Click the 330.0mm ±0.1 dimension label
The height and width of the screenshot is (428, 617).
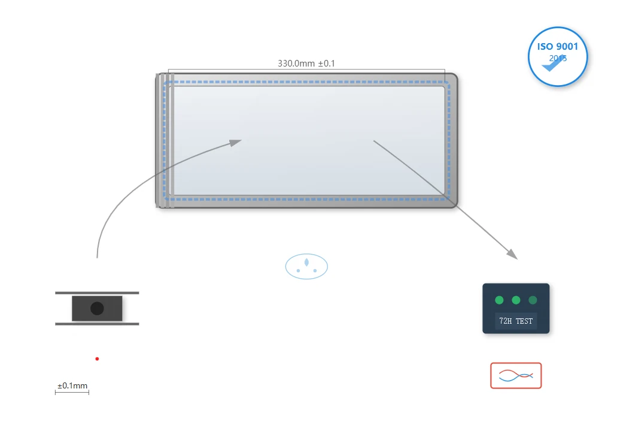(x=306, y=64)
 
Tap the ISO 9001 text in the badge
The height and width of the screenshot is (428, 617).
(x=558, y=47)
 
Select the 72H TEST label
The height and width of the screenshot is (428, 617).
(x=516, y=321)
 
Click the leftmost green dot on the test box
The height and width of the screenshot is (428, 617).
(x=499, y=300)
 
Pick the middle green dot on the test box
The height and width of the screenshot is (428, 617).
(x=516, y=300)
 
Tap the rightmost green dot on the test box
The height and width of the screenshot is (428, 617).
(x=533, y=300)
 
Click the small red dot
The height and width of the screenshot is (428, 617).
(x=97, y=358)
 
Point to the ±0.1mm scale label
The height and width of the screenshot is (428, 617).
(x=72, y=385)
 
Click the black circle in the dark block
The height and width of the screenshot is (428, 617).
(x=97, y=308)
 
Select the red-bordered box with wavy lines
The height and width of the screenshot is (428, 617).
(x=516, y=376)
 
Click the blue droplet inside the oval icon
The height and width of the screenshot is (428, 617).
(x=306, y=262)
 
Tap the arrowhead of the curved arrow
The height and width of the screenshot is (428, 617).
(x=236, y=142)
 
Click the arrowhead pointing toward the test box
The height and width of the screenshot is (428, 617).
(x=512, y=254)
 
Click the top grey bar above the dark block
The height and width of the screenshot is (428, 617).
(x=97, y=293)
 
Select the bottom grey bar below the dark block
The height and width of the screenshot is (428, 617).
(x=97, y=324)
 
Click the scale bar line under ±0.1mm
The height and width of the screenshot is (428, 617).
(x=72, y=392)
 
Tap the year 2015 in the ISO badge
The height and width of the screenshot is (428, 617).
(x=558, y=58)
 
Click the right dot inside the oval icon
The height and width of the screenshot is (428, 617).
(x=315, y=270)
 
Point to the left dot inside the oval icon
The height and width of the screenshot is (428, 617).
(x=298, y=270)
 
